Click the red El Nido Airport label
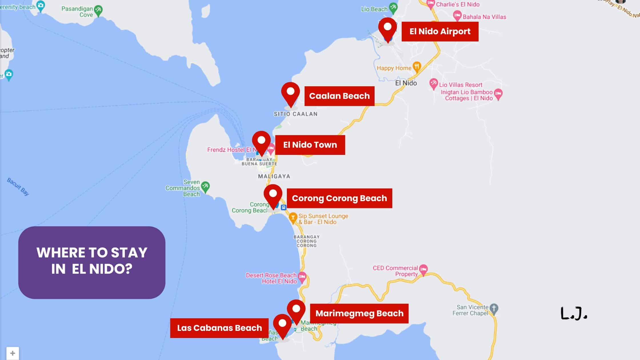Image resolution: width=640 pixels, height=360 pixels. point(440,31)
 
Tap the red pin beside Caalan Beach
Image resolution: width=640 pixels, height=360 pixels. point(290,94)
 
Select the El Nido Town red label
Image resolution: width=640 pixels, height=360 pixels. point(310,145)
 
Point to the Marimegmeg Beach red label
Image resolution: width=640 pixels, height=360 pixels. point(359,313)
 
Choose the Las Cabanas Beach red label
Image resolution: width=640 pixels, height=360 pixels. point(219,328)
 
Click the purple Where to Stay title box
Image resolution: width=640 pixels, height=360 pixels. point(92,262)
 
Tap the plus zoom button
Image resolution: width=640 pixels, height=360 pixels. point(13,353)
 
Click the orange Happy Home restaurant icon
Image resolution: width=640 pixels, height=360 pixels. point(417,67)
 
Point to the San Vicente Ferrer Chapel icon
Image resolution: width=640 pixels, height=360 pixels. point(494,309)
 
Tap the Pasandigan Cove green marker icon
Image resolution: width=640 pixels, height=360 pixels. point(98,10)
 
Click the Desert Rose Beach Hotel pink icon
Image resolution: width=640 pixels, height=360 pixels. point(302,277)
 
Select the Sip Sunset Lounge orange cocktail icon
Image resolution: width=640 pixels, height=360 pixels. point(293,218)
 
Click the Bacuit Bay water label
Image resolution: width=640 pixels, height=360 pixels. point(18,187)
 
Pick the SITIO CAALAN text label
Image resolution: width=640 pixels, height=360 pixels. point(295,114)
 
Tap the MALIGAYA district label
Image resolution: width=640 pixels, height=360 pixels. point(274,176)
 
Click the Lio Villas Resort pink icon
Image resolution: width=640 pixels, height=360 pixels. point(434,84)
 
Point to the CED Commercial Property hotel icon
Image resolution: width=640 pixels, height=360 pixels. point(423,269)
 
